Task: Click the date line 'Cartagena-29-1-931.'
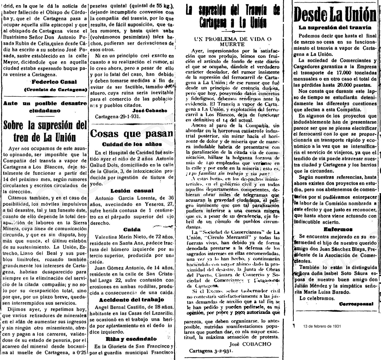pos(118,116)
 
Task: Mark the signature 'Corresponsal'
pos(356,304)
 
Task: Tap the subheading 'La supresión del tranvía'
pos(335,28)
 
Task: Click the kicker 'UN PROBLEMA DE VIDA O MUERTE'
pos(233,41)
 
